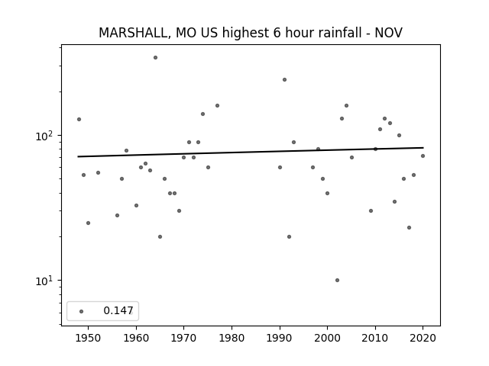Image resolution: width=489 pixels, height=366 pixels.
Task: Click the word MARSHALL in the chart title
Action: click(x=134, y=33)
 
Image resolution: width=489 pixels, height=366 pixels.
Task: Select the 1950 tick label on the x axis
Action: click(x=89, y=338)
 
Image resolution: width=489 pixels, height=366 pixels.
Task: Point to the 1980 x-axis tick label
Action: click(x=232, y=338)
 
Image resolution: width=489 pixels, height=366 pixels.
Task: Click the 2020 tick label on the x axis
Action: click(x=423, y=338)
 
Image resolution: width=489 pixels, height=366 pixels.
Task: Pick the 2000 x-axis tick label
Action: click(x=327, y=338)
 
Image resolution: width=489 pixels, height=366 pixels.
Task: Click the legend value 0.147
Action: click(x=118, y=310)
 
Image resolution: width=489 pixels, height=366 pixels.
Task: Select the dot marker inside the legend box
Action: click(x=82, y=311)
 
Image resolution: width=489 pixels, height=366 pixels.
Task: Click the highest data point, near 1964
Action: click(x=155, y=58)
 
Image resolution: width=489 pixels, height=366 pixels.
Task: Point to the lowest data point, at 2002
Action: click(x=337, y=280)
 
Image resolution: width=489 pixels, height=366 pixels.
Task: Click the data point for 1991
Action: click(x=284, y=79)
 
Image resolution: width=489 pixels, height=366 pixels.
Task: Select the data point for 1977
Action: click(x=217, y=105)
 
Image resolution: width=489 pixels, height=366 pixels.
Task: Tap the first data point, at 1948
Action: click(x=79, y=119)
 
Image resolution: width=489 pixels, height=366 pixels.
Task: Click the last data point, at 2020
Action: click(x=423, y=156)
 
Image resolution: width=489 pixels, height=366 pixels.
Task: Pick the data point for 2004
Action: click(x=346, y=105)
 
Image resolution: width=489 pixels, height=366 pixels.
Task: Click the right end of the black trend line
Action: click(x=423, y=147)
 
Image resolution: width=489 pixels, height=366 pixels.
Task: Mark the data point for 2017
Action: click(x=410, y=227)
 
